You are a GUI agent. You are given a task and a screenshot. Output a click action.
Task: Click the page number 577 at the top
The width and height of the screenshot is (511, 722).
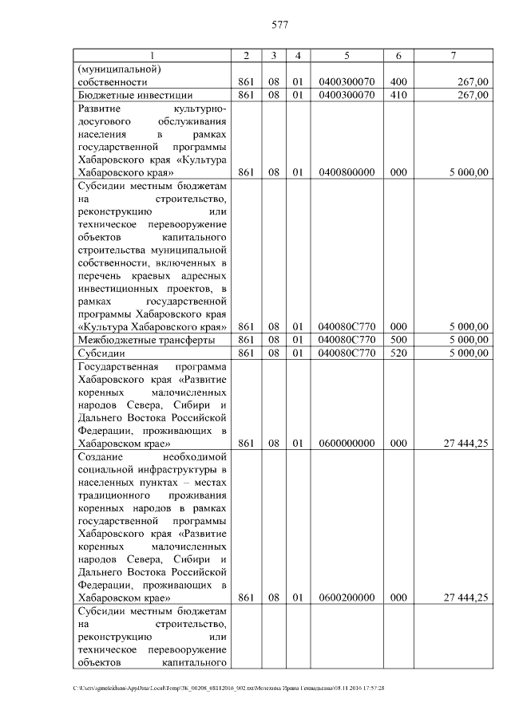tap(279, 25)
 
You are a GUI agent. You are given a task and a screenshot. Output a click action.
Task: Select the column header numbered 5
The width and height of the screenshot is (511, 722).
tap(347, 55)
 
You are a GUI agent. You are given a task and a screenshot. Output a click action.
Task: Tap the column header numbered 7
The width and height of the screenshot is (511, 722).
tap(454, 55)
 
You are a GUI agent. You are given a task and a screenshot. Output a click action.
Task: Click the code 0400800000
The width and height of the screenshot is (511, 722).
tap(347, 172)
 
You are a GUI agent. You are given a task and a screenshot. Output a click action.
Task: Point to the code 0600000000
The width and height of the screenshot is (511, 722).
tap(347, 443)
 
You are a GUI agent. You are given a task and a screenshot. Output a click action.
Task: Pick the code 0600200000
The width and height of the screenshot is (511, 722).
tap(347, 597)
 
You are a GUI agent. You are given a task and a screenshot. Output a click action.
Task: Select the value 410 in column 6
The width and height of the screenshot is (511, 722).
tap(398, 95)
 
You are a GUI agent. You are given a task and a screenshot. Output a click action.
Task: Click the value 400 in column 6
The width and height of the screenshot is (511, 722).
tap(398, 81)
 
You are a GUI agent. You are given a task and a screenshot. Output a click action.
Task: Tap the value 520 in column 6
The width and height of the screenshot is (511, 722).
tap(398, 353)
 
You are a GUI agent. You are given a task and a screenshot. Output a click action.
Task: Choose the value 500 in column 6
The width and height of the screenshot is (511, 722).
tap(398, 340)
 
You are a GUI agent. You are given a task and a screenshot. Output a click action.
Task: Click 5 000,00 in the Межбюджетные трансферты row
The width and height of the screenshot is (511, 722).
tap(468, 340)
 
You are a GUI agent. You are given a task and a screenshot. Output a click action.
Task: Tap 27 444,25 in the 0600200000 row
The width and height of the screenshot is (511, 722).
tap(464, 597)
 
